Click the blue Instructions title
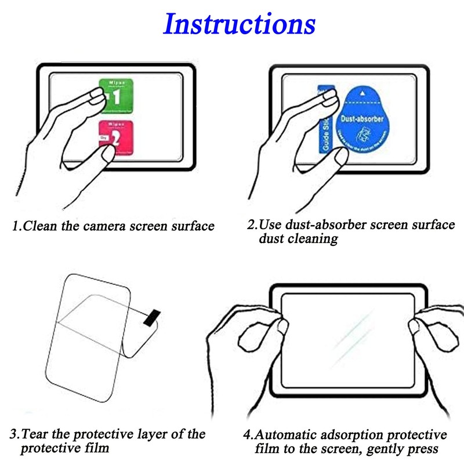(239, 24)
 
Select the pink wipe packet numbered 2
(117, 140)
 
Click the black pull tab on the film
(151, 317)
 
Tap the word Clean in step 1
(41, 226)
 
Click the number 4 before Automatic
(248, 435)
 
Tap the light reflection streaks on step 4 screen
(354, 331)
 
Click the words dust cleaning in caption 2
(298, 239)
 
